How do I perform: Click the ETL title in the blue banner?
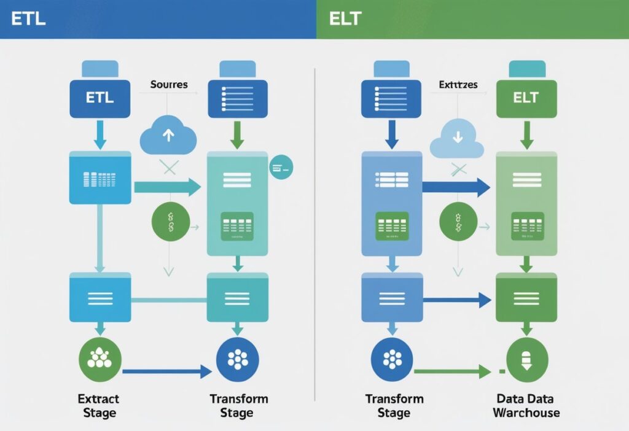[28, 18]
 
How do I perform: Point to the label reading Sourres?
[169, 84]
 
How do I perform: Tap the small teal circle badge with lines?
[282, 166]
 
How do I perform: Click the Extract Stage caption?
[99, 406]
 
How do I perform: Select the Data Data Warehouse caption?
[526, 406]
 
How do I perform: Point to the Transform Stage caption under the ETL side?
[238, 406]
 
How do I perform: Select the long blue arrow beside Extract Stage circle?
[166, 371]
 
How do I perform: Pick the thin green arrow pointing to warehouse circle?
[451, 371]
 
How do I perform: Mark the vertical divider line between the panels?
[314, 233]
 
